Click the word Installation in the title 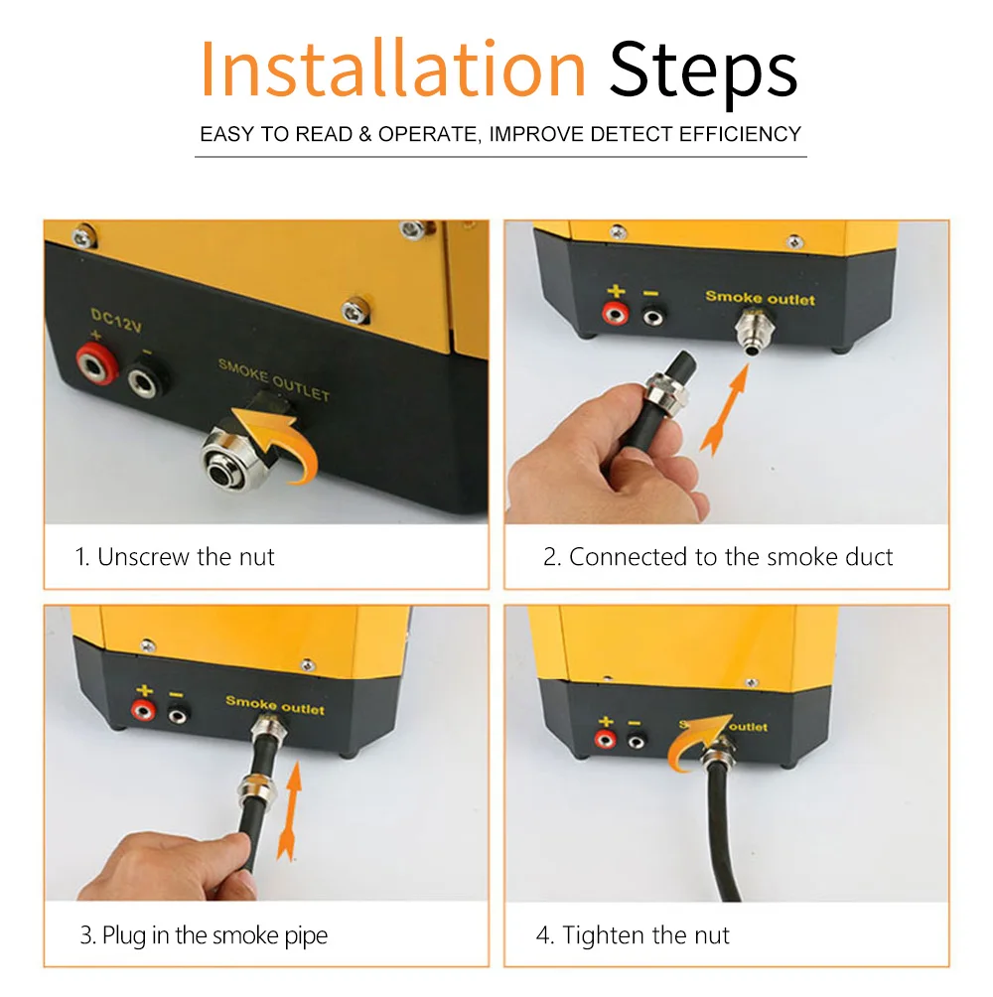click(x=392, y=69)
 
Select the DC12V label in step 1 click(x=116, y=320)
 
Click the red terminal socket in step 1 click(x=97, y=363)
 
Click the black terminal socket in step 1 click(x=147, y=379)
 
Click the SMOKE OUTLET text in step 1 click(x=274, y=380)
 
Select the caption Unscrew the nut click(x=174, y=557)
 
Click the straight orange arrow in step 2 click(x=726, y=409)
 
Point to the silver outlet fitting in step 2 click(x=754, y=330)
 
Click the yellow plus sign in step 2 click(x=616, y=291)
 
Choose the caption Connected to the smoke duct click(x=718, y=557)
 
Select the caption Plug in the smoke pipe click(x=204, y=935)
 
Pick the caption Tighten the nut click(x=633, y=935)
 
